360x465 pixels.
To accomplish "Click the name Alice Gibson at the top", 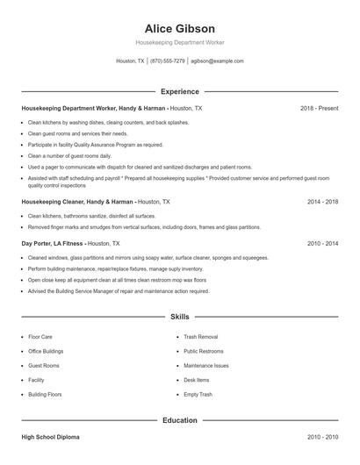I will coord(180,29).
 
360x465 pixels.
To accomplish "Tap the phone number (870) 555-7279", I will coord(168,61).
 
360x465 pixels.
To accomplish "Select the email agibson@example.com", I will coord(217,61).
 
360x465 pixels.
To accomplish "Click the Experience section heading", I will coord(180,91).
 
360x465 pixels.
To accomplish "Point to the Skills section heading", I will coord(180,316).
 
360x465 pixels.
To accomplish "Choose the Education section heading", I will coord(180,420).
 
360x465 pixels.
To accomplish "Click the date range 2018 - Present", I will coord(319,108).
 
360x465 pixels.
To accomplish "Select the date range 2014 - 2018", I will coord(322,201).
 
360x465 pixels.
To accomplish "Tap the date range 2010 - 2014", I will coord(322,243).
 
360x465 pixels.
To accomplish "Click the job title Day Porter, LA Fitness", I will coord(53,243).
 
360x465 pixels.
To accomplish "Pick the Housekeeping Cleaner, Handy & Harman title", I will coord(77,201).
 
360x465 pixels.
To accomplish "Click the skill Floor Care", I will coord(40,336).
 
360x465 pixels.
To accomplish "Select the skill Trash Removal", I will coord(200,336).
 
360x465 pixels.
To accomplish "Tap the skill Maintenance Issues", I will coord(206,365).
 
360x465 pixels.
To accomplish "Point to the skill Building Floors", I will coord(46,395).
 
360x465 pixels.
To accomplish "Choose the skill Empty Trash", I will coord(198,395).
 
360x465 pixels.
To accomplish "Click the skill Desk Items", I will coord(197,380).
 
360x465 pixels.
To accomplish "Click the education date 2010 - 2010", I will coord(322,436).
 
